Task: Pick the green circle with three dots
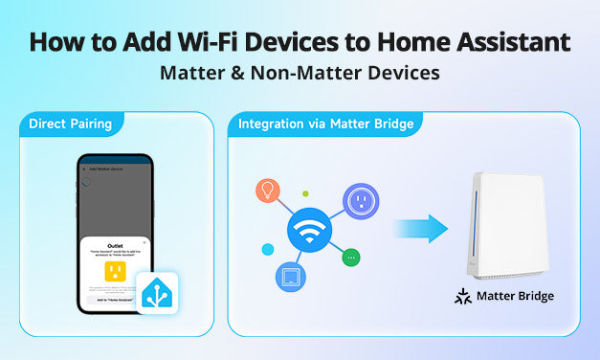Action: (x=352, y=258)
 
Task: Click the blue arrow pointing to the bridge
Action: (x=420, y=229)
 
